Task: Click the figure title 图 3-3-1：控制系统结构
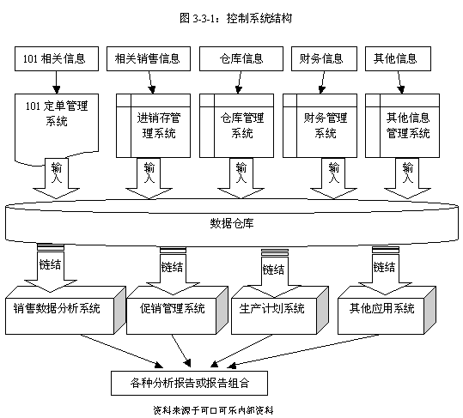[235, 18]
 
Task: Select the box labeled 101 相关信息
[57, 58]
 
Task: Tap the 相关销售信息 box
[149, 58]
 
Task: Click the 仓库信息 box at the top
[241, 58]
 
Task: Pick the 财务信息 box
[324, 58]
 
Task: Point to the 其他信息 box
[398, 58]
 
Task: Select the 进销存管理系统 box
[153, 125]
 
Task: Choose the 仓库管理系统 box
[236, 125]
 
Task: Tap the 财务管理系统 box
[320, 125]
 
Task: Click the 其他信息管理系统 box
[403, 125]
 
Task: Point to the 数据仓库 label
[232, 223]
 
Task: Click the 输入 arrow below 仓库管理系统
[241, 179]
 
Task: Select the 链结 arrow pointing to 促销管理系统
[173, 271]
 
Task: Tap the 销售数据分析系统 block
[65, 310]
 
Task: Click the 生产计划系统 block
[280, 310]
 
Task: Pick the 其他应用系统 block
[387, 310]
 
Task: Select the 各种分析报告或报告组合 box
[189, 383]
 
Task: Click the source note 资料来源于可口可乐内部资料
[213, 410]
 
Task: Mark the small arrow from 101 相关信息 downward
[57, 82]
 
